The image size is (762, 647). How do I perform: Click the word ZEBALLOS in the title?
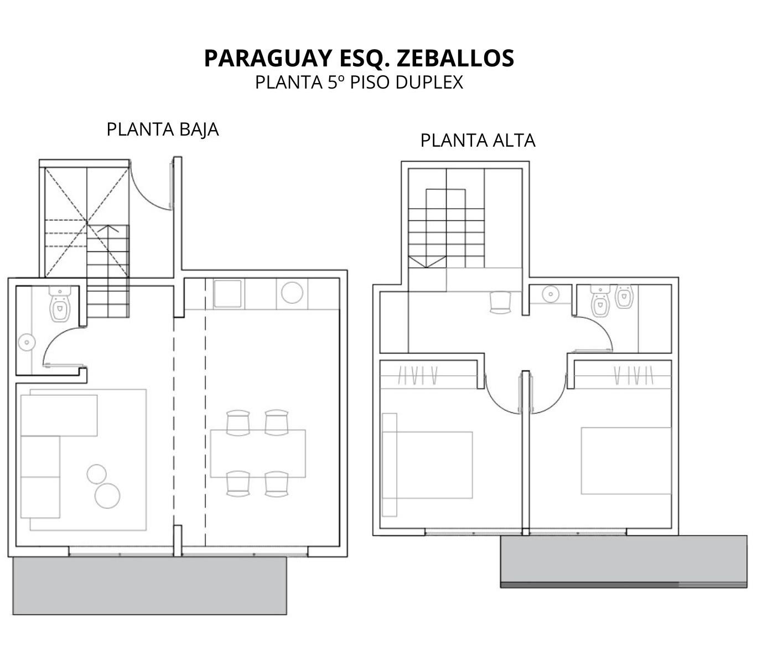pos(455,58)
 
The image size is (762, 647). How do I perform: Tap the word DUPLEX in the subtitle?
pos(429,82)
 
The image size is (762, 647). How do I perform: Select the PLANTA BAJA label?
pos(163,130)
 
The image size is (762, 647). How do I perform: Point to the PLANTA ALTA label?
pos(478,141)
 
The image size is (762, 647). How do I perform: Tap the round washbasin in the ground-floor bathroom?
pos(27,343)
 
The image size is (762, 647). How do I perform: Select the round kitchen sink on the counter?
pos(292,293)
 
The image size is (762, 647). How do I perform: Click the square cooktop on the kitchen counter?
pos(228,293)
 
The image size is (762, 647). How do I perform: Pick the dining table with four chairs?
pos(258,453)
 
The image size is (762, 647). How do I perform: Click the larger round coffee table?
pos(107,496)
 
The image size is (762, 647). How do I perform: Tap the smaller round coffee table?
pos(97,474)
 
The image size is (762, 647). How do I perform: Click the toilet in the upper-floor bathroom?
pos(600,300)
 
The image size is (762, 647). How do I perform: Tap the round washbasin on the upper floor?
pos(551,294)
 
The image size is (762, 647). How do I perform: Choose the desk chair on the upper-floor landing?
pos(500,302)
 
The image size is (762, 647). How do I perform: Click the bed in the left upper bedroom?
pos(427,464)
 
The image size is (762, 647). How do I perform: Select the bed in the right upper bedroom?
pos(626,461)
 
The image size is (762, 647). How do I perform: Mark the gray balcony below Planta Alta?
pos(624,561)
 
